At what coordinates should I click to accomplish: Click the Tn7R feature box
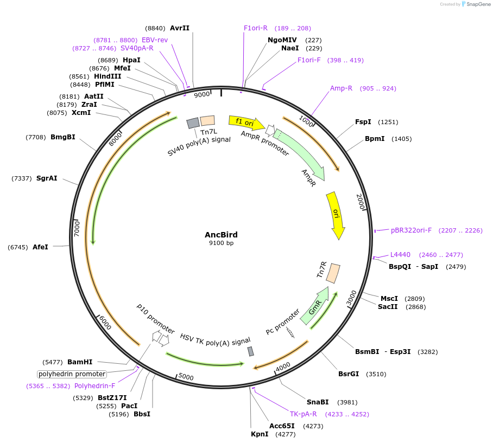tap(333, 272)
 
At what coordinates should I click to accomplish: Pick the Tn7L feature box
tap(207, 121)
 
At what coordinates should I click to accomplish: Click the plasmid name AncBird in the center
tap(221, 235)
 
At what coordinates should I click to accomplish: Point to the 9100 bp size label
tap(221, 243)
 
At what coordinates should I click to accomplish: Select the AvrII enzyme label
tap(180, 28)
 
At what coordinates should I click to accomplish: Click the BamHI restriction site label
tap(80, 362)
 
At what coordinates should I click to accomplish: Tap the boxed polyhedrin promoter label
tap(72, 374)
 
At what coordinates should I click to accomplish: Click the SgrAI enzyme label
tap(47, 178)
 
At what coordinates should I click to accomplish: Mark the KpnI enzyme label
tap(260, 434)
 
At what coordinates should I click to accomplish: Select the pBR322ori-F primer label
tap(411, 230)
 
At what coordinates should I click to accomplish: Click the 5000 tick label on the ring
tap(186, 377)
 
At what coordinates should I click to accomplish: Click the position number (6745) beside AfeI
tap(18, 247)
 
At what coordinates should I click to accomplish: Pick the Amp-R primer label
tap(341, 88)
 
